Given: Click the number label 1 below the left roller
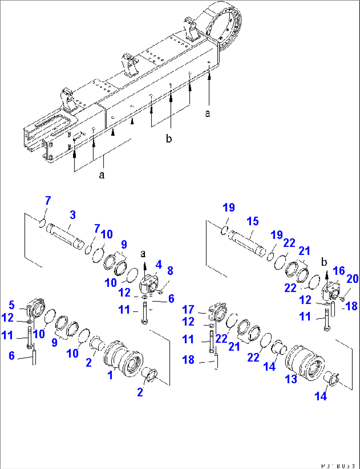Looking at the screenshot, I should pyautogui.click(x=110, y=375).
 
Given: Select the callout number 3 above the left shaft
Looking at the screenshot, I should pyautogui.click(x=73, y=215).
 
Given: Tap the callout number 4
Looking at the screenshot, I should pyautogui.click(x=159, y=264).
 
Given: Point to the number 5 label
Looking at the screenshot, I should pyautogui.click(x=12, y=305).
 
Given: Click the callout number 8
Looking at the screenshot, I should pyautogui.click(x=170, y=271).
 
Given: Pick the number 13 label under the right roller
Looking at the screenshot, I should pyautogui.click(x=291, y=379).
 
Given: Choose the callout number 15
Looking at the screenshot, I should pyautogui.click(x=253, y=221).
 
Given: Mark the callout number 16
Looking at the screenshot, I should pyautogui.click(x=339, y=271).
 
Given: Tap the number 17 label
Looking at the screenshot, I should pyautogui.click(x=188, y=310).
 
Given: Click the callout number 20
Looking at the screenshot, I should pyautogui.click(x=352, y=279).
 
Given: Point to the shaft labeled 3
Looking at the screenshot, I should pyautogui.click(x=65, y=236).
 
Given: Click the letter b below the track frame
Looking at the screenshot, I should pyautogui.click(x=169, y=139).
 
